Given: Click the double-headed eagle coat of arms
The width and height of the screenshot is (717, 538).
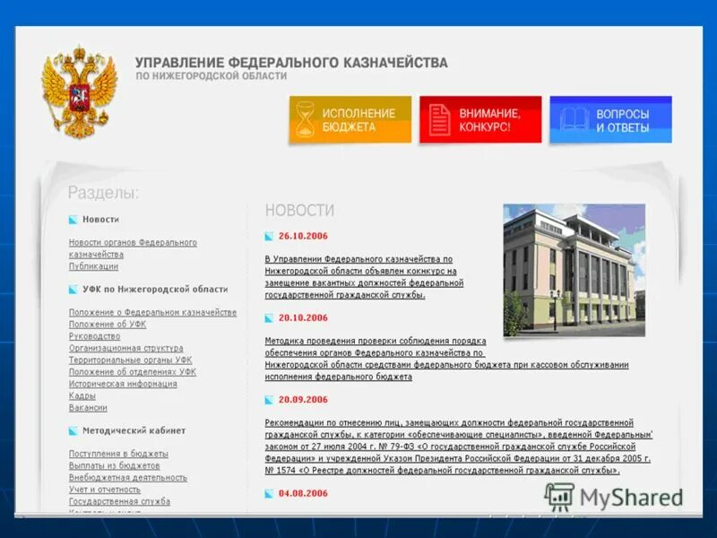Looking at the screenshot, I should tap(80, 92).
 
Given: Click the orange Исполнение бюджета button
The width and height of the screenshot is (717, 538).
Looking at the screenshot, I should tap(350, 120).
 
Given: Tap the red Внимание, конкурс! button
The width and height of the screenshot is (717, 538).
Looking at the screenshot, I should tap(480, 120).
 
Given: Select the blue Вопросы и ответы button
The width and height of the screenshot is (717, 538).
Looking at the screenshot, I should tap(610, 120).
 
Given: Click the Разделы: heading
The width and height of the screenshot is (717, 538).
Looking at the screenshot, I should tap(103, 193).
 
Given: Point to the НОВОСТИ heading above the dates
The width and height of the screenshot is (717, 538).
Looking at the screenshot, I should tap(299, 211).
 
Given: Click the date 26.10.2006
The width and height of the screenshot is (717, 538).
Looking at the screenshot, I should tap(303, 236).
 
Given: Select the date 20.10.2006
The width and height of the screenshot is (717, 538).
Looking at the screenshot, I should tap(303, 317).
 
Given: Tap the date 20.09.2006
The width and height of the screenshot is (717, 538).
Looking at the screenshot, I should tap(303, 400).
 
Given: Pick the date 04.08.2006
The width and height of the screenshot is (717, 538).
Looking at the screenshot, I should tap(303, 493).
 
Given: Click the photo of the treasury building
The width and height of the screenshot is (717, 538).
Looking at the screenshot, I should tap(574, 270).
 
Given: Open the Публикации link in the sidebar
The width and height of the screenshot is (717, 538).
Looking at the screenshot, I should tap(93, 266).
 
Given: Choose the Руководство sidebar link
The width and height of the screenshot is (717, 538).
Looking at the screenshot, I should tap(94, 336).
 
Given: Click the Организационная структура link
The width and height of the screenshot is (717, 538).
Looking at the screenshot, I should tap(125, 348).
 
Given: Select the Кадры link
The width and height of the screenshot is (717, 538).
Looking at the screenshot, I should tap(82, 395).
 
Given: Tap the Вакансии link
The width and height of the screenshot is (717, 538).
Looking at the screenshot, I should tap(88, 408).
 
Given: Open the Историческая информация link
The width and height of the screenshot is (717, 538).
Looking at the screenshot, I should tap(123, 384).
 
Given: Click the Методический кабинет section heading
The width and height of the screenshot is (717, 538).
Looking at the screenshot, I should tap(121, 430).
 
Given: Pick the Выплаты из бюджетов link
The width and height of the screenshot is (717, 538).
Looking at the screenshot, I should tap(114, 465).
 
